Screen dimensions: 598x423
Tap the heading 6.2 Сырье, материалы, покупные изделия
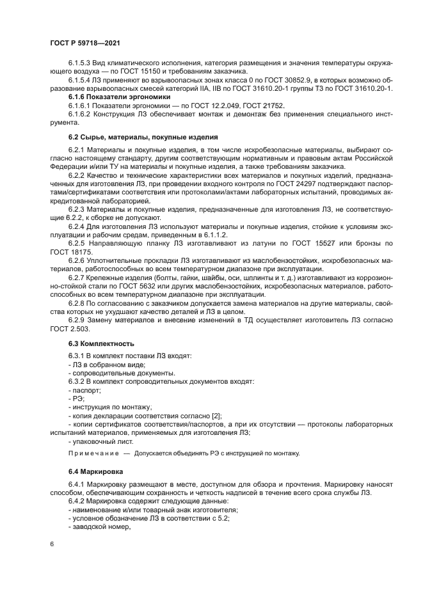[x=143, y=137]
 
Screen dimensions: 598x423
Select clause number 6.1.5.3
[x=81, y=63]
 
